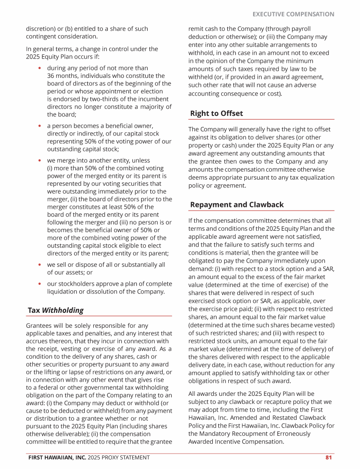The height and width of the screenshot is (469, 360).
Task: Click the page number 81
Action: click(329, 457)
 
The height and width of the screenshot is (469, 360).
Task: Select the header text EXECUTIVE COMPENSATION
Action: click(293, 14)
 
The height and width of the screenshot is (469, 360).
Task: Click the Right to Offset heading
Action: click(217, 113)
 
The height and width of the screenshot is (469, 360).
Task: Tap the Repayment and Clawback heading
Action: click(237, 204)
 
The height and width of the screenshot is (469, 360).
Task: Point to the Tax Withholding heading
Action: click(55, 310)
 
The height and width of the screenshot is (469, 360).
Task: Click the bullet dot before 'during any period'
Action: click(40, 68)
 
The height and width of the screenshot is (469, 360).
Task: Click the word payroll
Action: click(299, 29)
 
